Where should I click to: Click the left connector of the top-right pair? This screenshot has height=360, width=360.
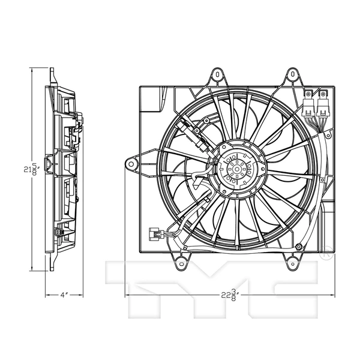(x=309, y=106)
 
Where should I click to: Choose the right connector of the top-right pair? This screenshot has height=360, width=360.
(x=323, y=106)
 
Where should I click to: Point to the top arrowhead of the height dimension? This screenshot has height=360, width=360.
(x=34, y=72)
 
